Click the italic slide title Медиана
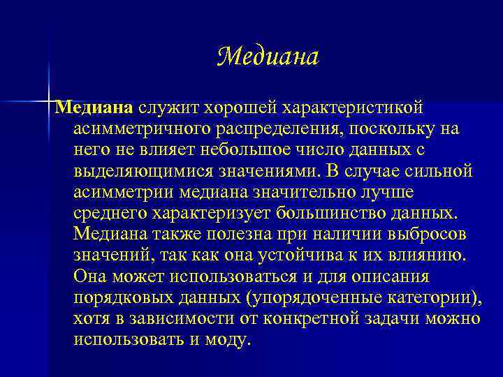click(x=268, y=57)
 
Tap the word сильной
click(x=443, y=171)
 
